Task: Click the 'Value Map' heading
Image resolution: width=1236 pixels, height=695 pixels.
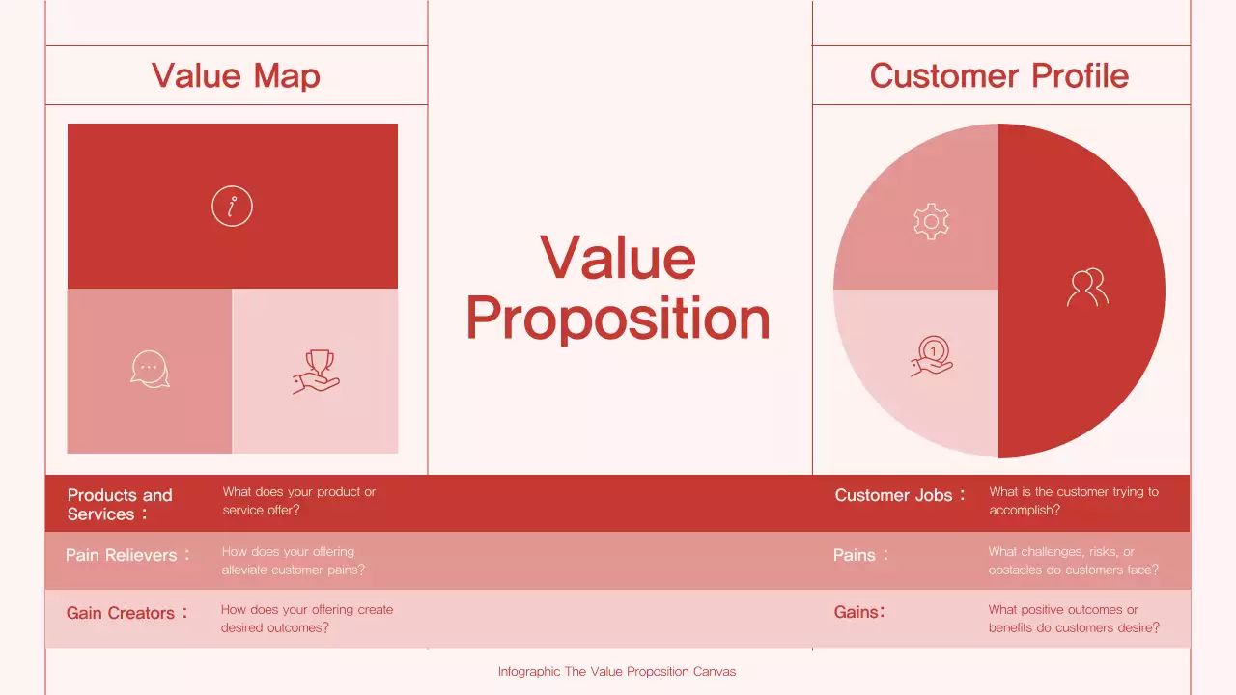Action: point(236,76)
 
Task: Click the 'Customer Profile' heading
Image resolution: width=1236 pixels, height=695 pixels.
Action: point(998,76)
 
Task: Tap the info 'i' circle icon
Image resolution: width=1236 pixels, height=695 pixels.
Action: point(232,207)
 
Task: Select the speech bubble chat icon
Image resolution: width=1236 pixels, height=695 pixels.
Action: point(150,370)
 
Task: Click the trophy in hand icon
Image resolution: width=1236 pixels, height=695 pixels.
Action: point(317,372)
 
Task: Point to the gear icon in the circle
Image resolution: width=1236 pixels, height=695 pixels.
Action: point(931,222)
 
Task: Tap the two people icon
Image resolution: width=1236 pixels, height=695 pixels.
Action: point(1087,288)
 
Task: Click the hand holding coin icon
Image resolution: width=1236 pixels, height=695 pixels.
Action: point(932,355)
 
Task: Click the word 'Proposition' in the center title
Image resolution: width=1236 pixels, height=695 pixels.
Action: point(618,320)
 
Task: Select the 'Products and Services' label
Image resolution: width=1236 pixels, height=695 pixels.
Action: point(120,504)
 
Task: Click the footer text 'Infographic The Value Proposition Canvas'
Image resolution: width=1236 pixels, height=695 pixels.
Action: point(617,671)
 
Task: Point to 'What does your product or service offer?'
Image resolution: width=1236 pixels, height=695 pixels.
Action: point(299,501)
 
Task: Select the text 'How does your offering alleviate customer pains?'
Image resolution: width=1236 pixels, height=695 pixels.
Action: point(294,561)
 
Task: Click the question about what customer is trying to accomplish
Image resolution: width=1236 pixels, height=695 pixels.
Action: point(1073,501)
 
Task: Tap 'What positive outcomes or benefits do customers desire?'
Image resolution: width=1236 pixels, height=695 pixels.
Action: point(1074,619)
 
